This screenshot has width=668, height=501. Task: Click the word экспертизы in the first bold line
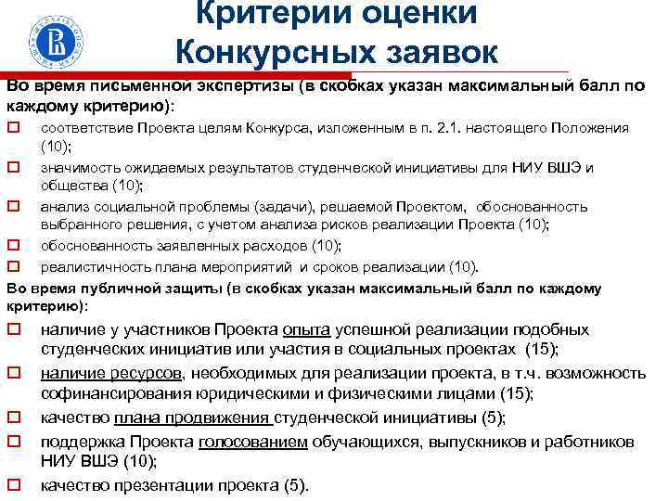240,86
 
